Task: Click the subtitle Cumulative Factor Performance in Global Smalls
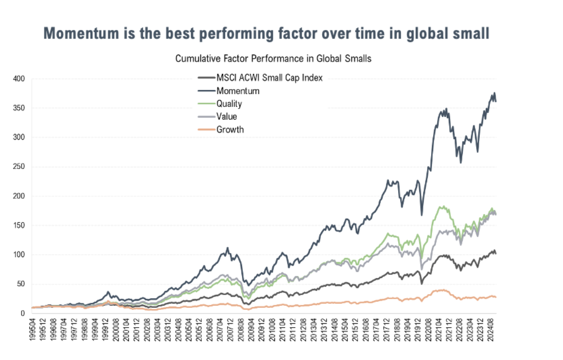273,58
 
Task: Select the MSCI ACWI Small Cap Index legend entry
269,78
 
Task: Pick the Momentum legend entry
238,91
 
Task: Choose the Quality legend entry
229,104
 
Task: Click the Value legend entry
226,117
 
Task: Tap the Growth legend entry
230,129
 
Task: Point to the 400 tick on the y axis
18,79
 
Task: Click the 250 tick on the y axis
18,167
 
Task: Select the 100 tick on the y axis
18,255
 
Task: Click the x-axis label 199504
34,330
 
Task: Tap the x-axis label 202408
492,330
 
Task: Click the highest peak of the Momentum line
494,93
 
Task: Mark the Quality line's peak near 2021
443,206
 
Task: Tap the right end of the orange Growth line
496,297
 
